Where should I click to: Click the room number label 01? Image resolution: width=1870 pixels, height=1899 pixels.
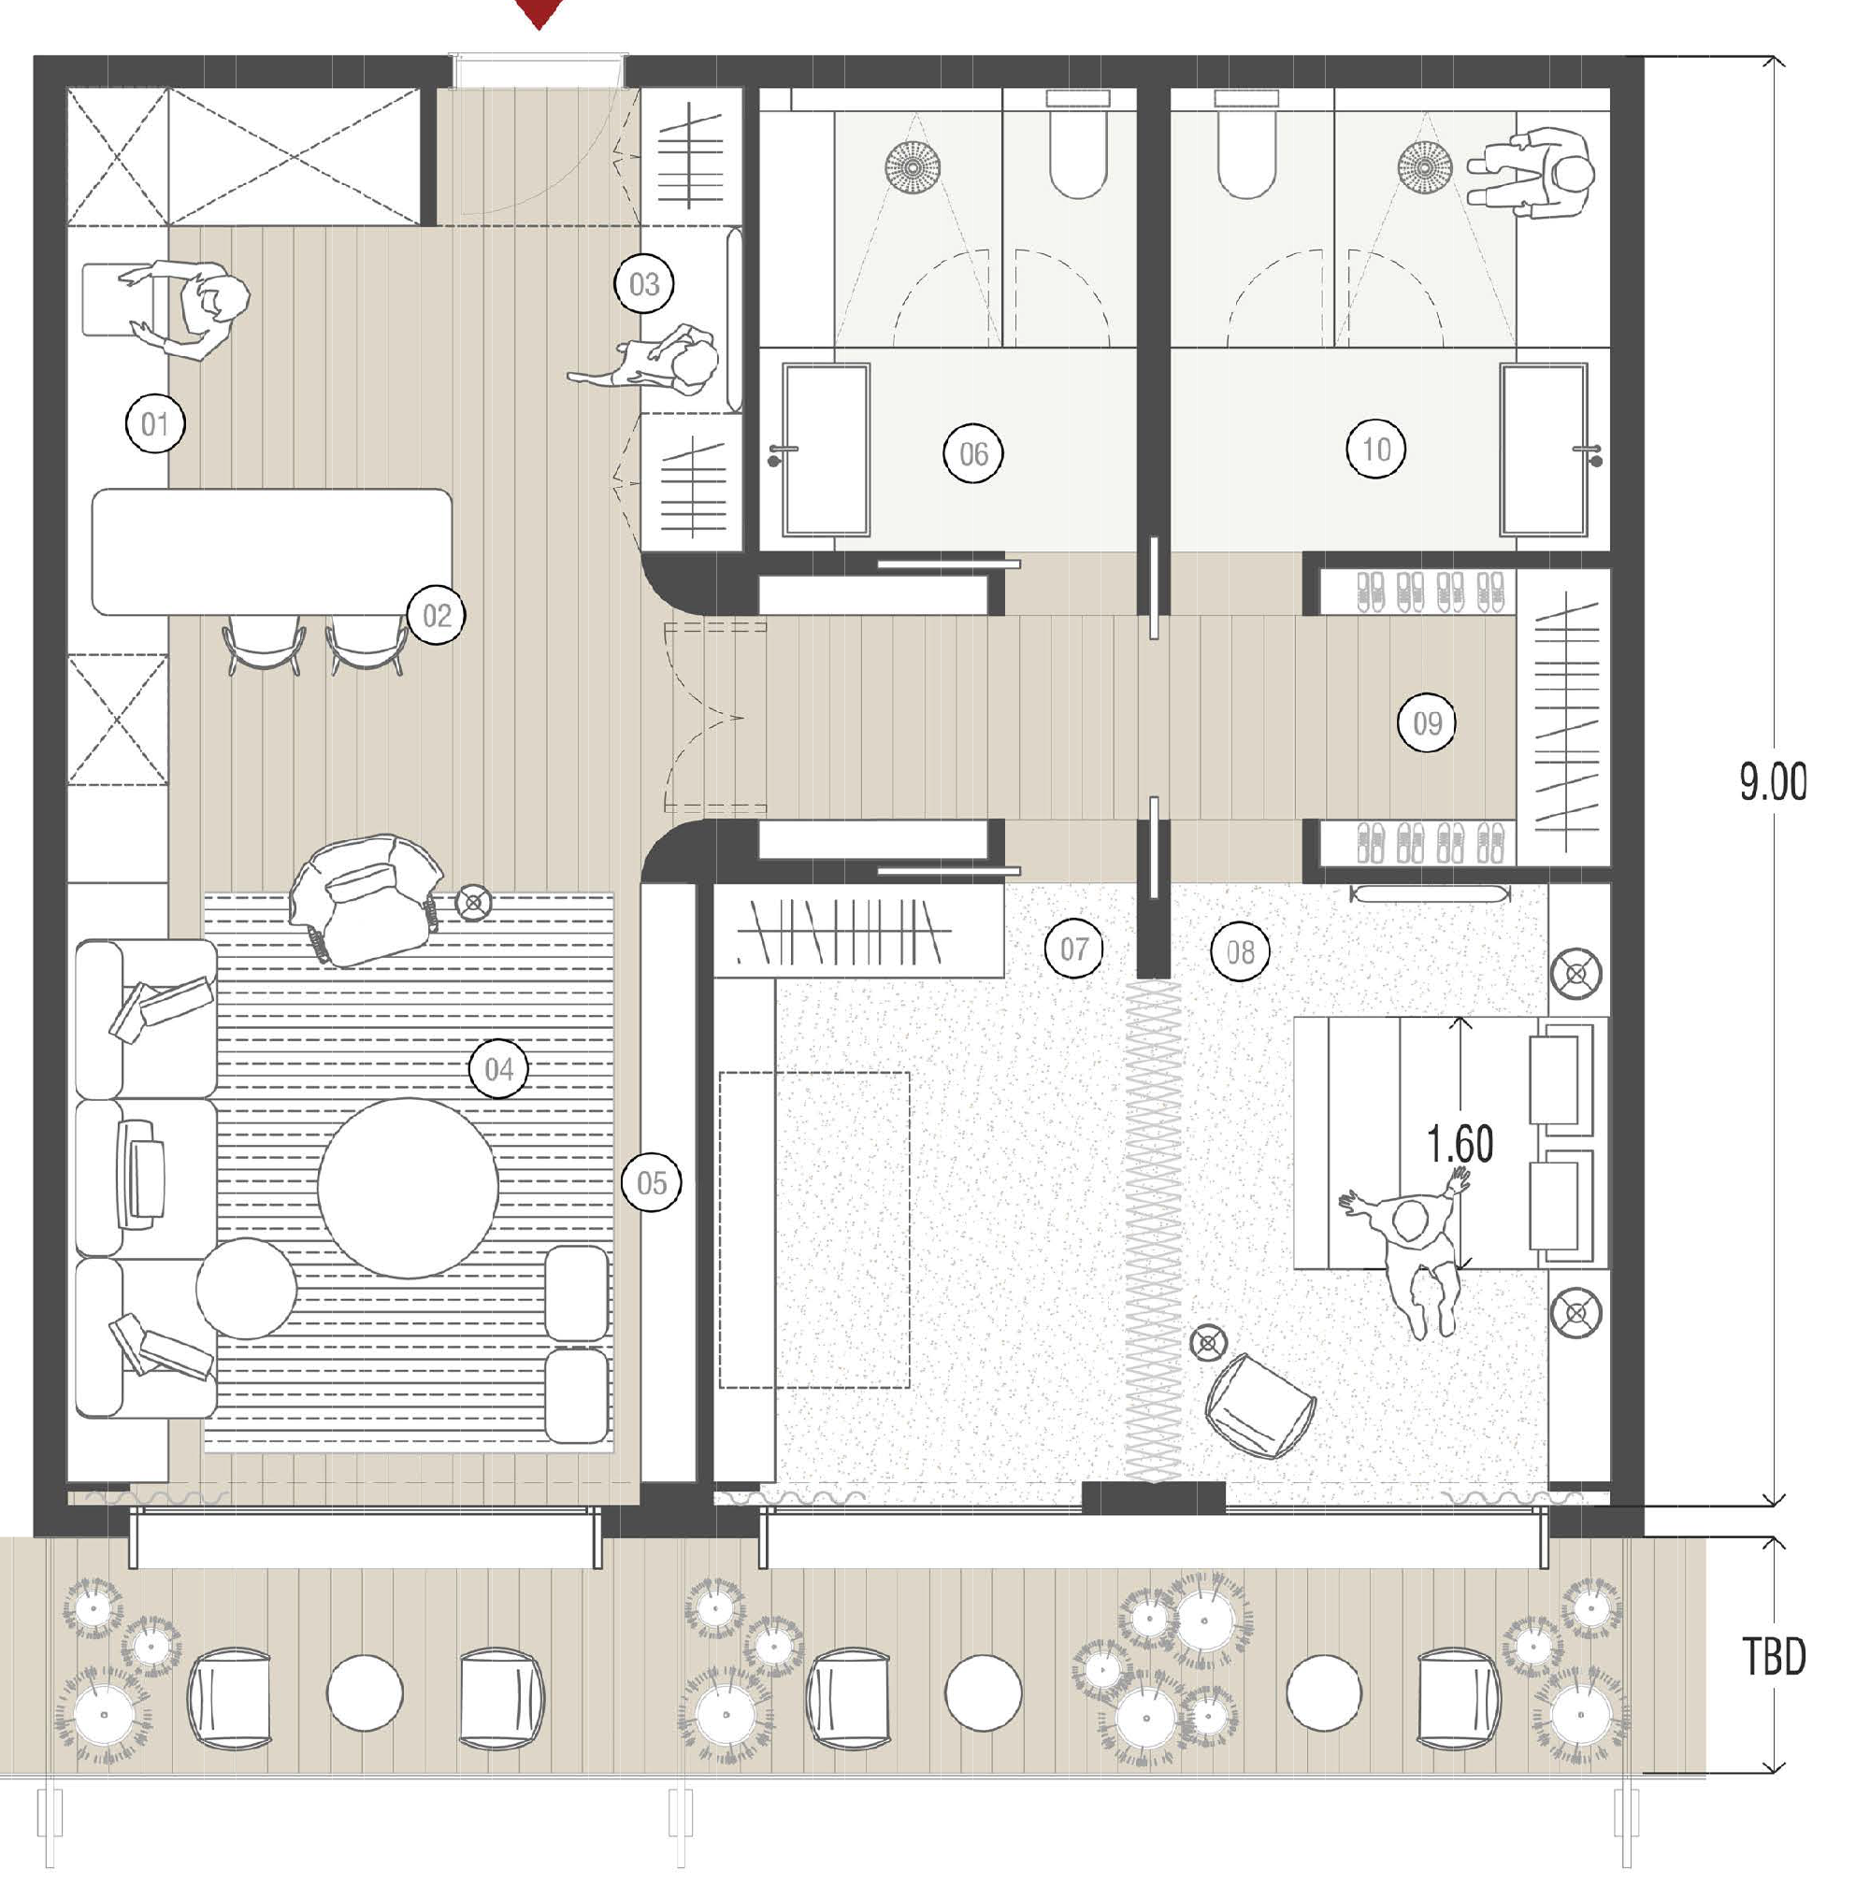click(x=155, y=424)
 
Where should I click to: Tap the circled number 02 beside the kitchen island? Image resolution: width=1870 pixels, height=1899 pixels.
click(x=436, y=616)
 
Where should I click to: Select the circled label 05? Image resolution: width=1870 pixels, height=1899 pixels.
click(x=651, y=1183)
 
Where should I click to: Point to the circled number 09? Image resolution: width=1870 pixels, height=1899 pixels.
click(x=1426, y=723)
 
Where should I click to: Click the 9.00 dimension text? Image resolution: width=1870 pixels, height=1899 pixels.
click(x=1772, y=782)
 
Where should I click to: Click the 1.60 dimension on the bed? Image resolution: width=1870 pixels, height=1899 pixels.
click(x=1460, y=1145)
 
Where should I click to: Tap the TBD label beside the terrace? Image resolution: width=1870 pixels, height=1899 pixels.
click(x=1774, y=1659)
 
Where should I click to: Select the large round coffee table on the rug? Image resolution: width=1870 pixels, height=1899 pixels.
click(x=408, y=1188)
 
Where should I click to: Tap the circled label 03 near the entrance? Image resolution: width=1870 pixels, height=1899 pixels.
click(x=643, y=285)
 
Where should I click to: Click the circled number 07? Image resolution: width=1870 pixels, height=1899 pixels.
click(x=1073, y=949)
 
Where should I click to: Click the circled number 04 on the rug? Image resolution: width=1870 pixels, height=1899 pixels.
click(x=498, y=1068)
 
